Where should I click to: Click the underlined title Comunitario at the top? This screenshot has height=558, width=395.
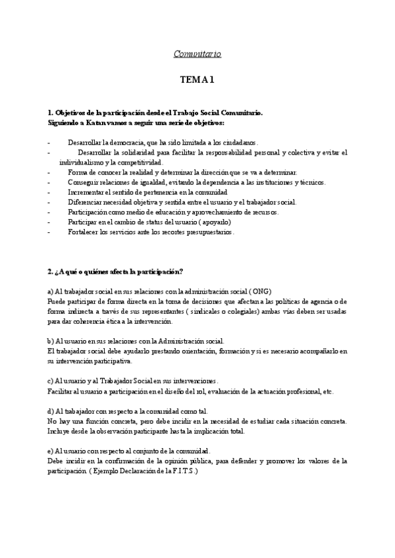(197, 53)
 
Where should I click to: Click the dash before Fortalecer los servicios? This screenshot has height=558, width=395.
(49, 232)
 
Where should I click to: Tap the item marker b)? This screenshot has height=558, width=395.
(51, 341)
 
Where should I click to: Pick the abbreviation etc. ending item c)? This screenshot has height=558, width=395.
(327, 392)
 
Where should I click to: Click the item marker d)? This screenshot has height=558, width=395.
(51, 411)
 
